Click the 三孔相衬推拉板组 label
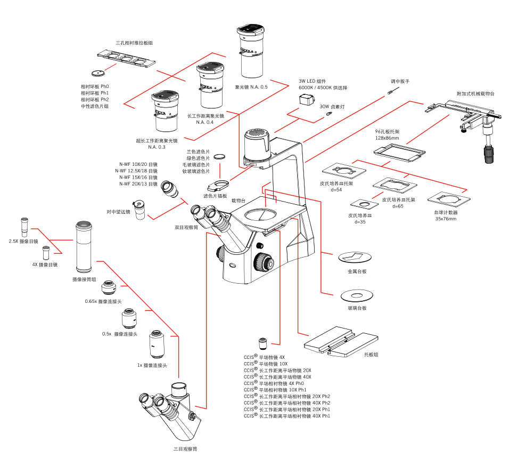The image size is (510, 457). tap(134, 42)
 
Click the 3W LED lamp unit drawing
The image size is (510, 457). tap(306, 100)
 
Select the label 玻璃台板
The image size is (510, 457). tap(357, 308)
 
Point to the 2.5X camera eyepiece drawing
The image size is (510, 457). tap(24, 226)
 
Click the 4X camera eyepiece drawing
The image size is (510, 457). tap(46, 252)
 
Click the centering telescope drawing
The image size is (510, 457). tap(140, 209)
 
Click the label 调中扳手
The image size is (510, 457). tap(400, 81)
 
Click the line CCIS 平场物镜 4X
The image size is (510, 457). tap(265, 357)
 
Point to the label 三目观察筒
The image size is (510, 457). tap(185, 449)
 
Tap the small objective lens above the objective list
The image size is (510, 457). tap(262, 343)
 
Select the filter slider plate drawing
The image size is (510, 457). tap(218, 185)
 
